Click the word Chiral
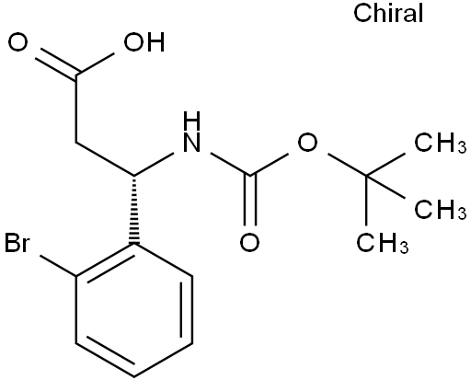click(x=388, y=13)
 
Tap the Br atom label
click(x=17, y=243)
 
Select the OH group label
click(x=144, y=42)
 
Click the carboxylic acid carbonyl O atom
click(x=17, y=42)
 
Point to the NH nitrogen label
click(x=191, y=132)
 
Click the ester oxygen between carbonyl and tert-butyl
click(x=308, y=143)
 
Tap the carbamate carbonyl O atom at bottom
click(x=249, y=243)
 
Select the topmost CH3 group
click(x=441, y=143)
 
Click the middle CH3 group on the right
click(x=441, y=210)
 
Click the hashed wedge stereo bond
click(x=134, y=210)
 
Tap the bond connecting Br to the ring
click(x=58, y=266)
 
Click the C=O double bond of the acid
click(x=56, y=63)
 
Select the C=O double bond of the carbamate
click(x=250, y=201)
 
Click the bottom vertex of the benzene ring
click(x=134, y=376)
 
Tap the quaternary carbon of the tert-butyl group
click(x=366, y=176)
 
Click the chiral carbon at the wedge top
click(x=134, y=176)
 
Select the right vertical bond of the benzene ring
click(x=192, y=310)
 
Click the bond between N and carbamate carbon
click(x=230, y=165)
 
